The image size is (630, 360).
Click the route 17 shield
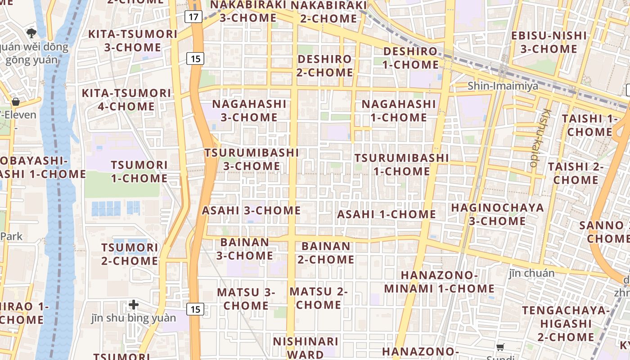[x=193, y=17]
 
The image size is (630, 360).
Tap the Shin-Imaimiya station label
[x=503, y=86]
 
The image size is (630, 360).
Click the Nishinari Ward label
[x=306, y=347]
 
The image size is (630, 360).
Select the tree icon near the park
[x=31, y=32]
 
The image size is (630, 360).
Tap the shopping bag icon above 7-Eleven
[x=16, y=102]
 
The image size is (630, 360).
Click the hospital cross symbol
[x=134, y=305]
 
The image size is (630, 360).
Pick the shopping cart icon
[x=500, y=346]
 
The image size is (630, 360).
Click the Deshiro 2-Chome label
[x=324, y=66]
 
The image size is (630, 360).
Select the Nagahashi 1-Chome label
[x=399, y=111]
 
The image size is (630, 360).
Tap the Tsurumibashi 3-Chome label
[x=252, y=159]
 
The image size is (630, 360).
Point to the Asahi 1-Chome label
[x=387, y=214]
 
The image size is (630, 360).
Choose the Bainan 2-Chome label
[x=326, y=253]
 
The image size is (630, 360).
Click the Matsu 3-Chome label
[x=246, y=299]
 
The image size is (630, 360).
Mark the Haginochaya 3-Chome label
[x=497, y=214]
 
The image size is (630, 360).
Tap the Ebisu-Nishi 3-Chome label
[x=549, y=42]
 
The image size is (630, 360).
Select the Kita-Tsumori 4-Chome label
[x=126, y=100]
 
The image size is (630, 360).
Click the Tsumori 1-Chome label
[x=139, y=171]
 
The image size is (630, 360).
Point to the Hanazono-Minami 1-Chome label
[x=439, y=282]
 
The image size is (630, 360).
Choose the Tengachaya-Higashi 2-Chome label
[x=566, y=324]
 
